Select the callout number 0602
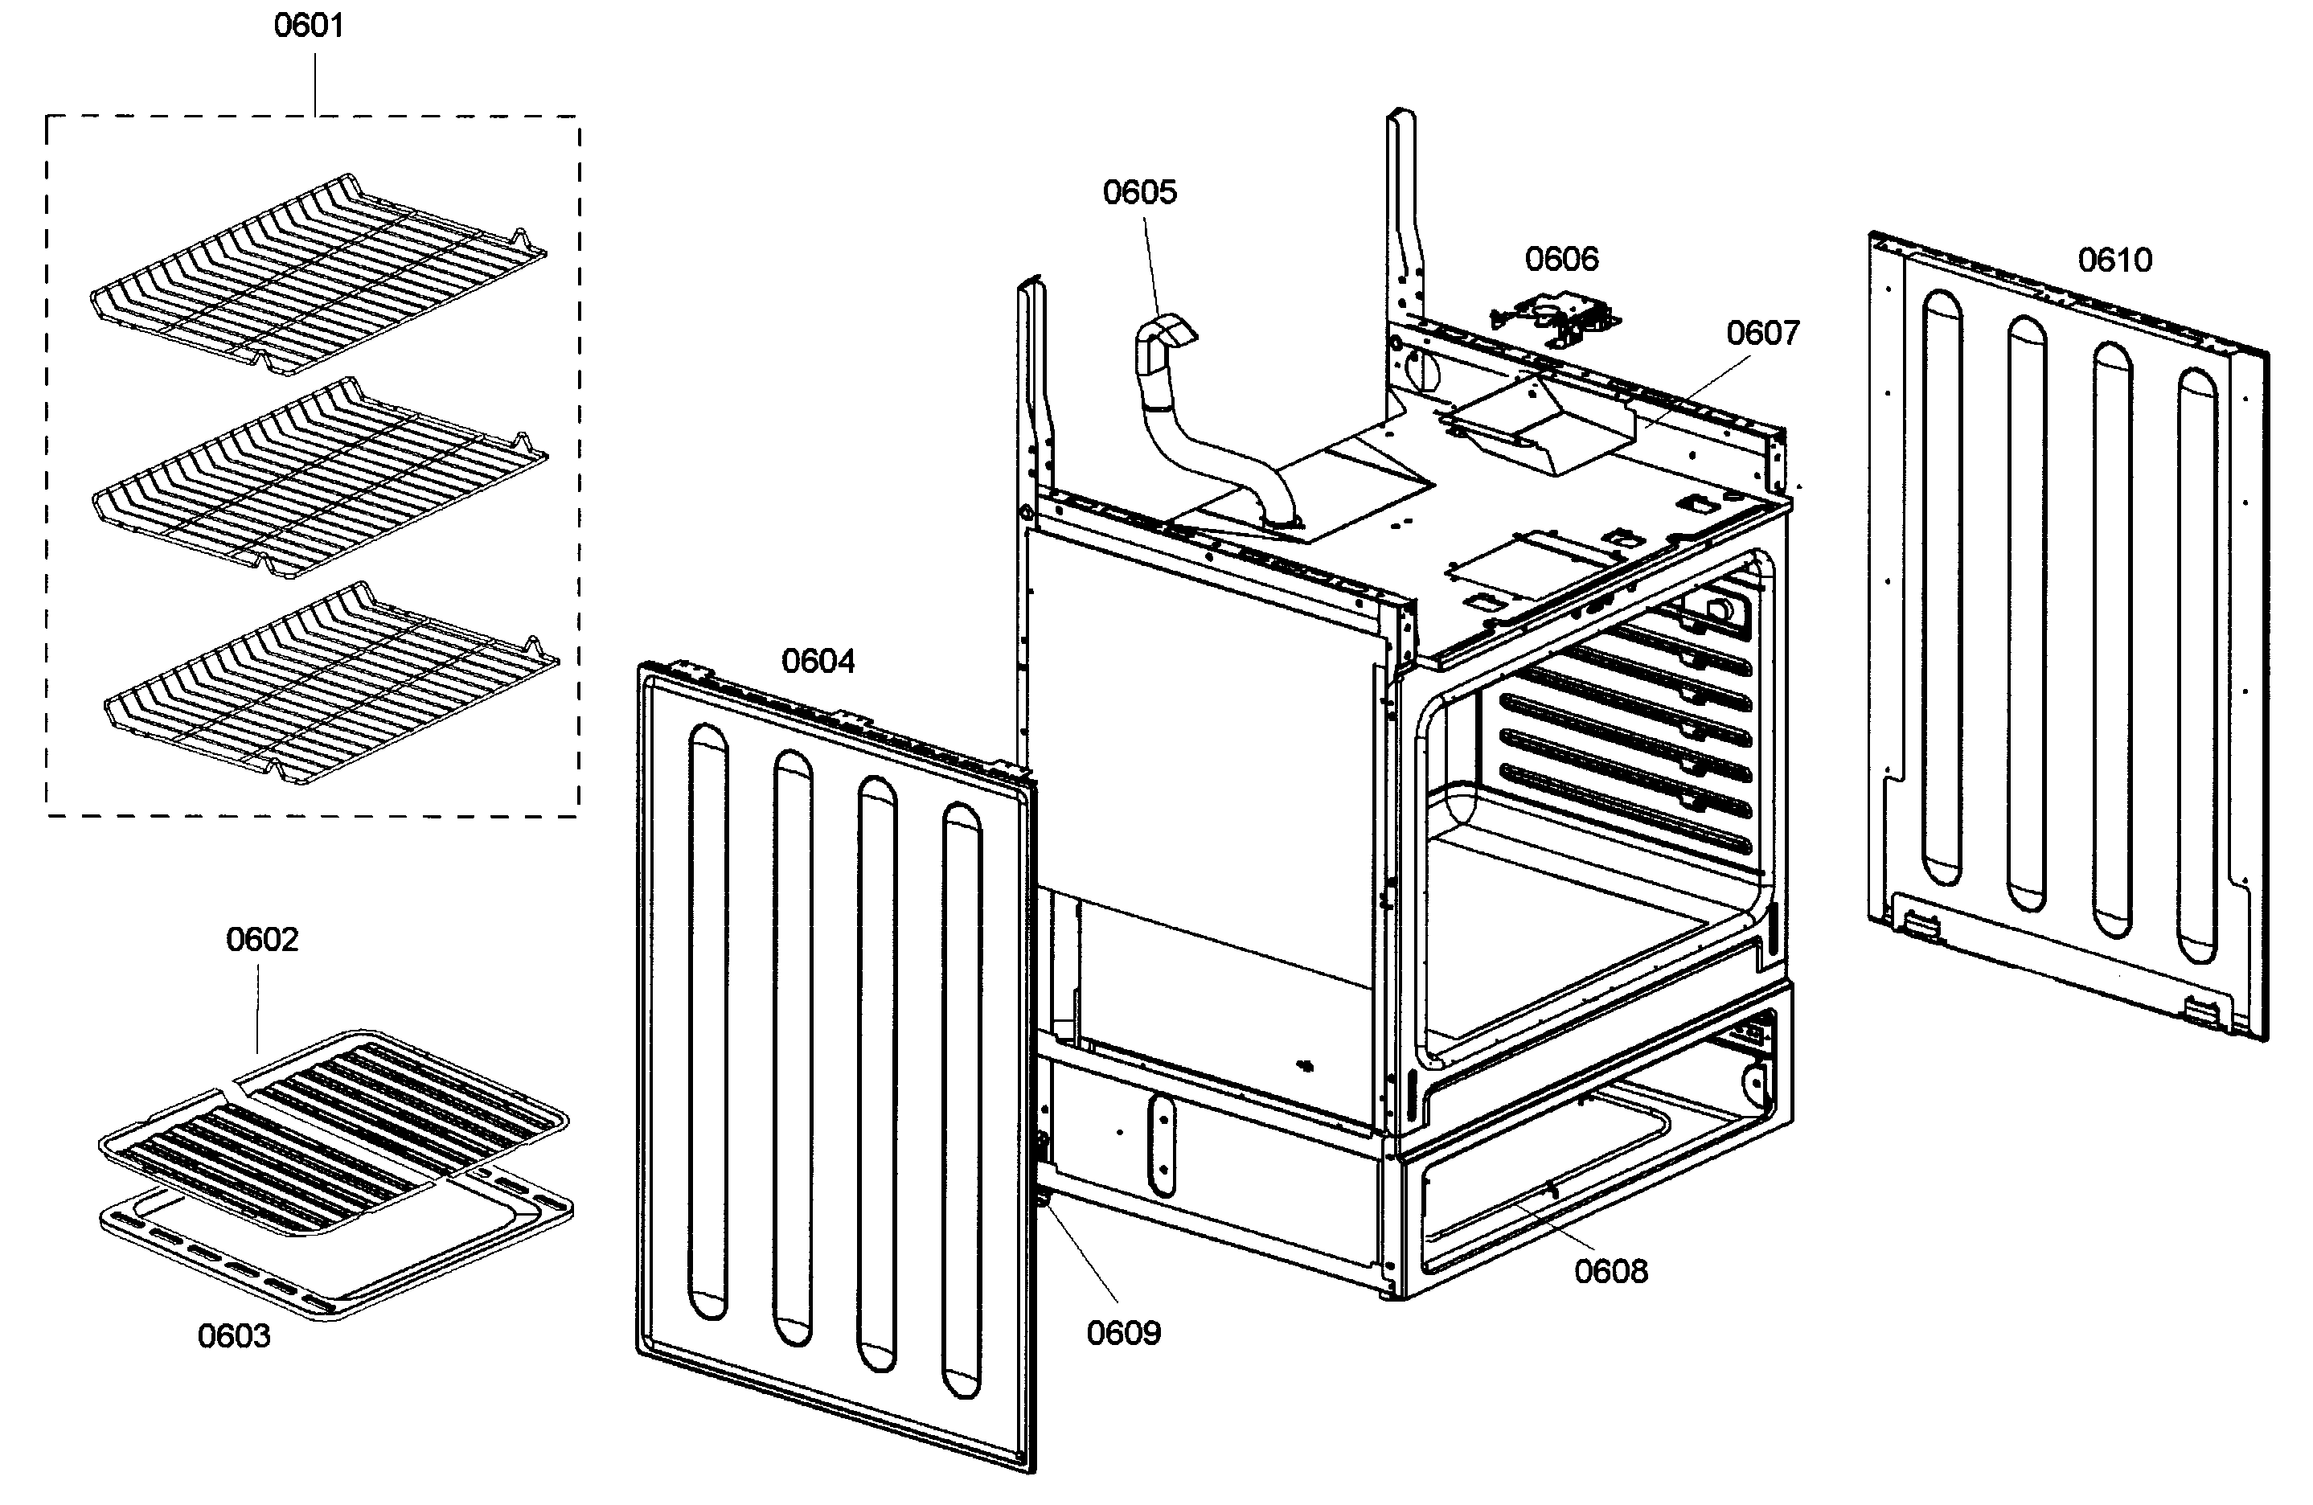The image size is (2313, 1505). (261, 940)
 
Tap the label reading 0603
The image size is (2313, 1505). (233, 1336)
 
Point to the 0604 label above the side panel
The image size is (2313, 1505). (818, 662)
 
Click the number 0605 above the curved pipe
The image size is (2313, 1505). (1139, 192)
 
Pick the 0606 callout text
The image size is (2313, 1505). (1560, 260)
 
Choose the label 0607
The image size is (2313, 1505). (1762, 334)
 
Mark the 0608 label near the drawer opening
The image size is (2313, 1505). (1610, 1271)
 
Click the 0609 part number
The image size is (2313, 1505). (1122, 1332)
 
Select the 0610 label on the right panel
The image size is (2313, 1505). (2114, 260)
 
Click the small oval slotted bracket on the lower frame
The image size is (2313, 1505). (1160, 1146)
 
